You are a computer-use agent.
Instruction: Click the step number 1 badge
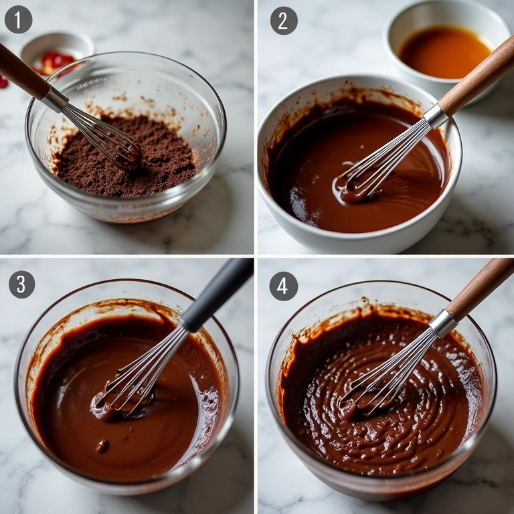coord(18,19)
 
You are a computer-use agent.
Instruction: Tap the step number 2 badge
coord(284,20)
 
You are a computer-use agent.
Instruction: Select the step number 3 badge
coord(21,284)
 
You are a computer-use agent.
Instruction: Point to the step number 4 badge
coord(284,286)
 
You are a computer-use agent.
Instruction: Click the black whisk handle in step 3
coord(217,294)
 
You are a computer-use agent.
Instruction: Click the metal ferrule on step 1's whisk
coord(54,99)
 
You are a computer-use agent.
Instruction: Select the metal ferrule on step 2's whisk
coord(436,116)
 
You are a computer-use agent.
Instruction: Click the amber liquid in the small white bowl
coord(445,52)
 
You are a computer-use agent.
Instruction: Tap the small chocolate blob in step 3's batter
coord(102,446)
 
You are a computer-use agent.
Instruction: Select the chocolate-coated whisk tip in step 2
coord(351,190)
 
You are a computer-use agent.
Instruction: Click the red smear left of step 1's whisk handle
coord(3,82)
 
